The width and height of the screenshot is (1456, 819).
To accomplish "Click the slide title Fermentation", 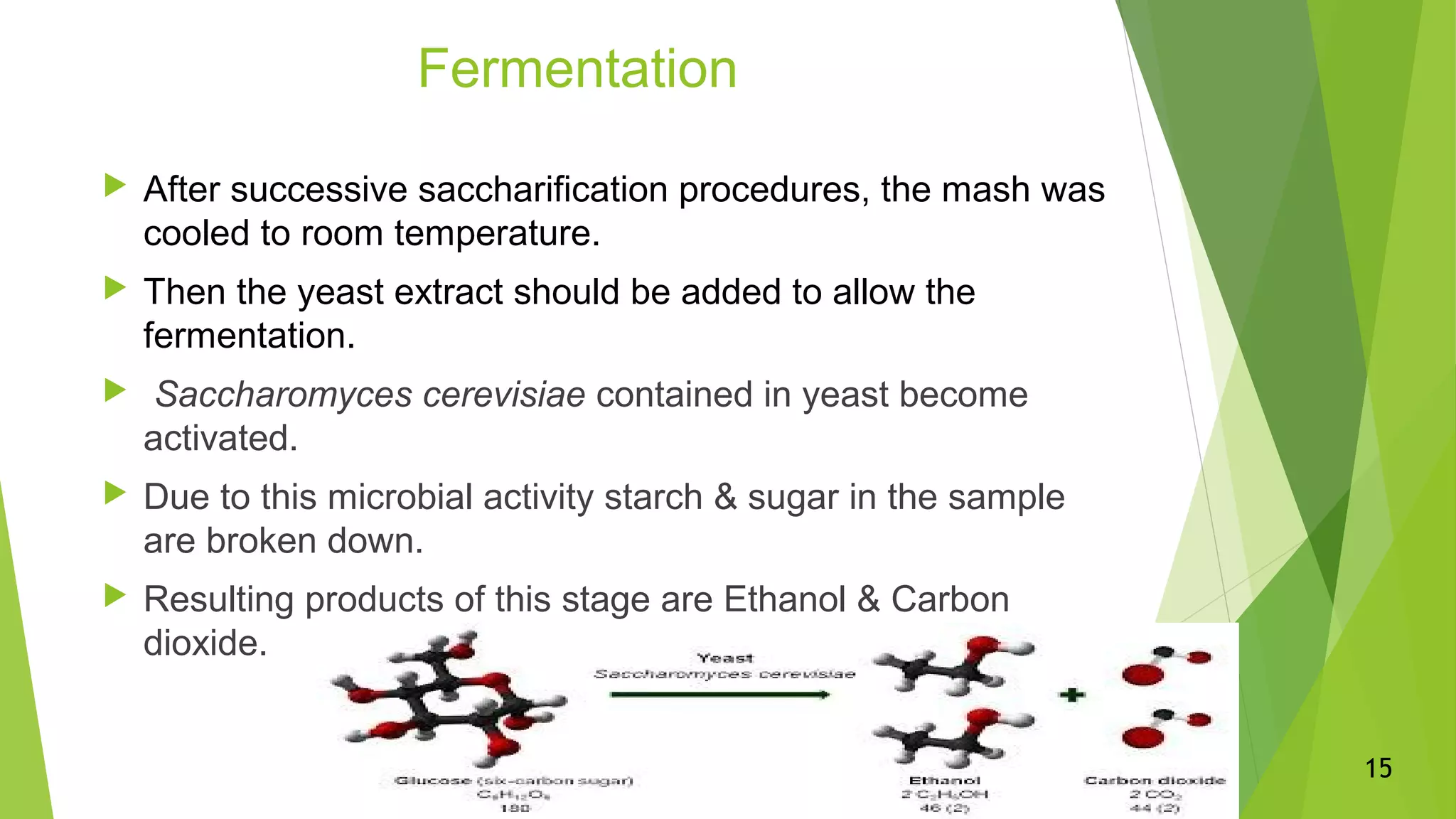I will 577,69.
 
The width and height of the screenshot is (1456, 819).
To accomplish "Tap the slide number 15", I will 1378,769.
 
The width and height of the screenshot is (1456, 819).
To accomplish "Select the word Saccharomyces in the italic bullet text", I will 283,395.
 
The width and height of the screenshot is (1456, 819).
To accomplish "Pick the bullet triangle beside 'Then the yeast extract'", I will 114,289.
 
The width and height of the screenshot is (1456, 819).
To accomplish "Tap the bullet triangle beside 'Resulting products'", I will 114,596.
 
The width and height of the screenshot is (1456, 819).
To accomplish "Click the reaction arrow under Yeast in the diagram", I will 719,695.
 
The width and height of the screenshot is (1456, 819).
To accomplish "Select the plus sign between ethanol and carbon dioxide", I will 1072,695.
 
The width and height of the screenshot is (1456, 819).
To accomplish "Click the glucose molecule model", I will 448,700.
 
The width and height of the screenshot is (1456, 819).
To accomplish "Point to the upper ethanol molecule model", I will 953,665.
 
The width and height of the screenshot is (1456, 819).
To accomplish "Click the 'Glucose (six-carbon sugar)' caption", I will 513,781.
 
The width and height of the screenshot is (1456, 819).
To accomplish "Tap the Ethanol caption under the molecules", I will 944,781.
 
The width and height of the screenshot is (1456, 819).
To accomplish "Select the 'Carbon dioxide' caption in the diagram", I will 1155,781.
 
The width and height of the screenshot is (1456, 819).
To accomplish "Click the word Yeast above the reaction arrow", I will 724,658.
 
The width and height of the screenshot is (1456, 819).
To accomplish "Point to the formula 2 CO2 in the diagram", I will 1155,794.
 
